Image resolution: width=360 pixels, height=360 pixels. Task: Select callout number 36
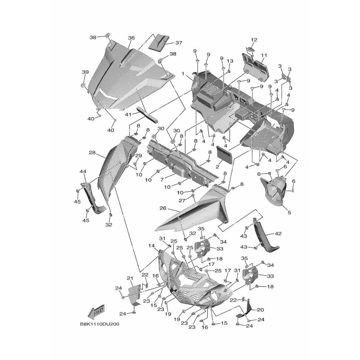pos(131,38)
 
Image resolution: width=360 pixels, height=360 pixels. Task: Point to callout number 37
pos(179,43)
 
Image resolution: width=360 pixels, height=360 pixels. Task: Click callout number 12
pos(254,40)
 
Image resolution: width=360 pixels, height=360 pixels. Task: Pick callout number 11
pos(264,55)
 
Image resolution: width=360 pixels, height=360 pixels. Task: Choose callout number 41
pos(129,114)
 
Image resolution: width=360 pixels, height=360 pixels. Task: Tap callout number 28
pos(92,153)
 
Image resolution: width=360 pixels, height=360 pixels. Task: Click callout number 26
pos(163,208)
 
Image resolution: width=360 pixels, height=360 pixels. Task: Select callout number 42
pos(278,234)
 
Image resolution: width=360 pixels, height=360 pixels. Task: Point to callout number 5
pos(289,212)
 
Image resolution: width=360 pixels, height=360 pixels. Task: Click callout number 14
pos(152,246)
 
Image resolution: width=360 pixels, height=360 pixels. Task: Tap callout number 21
pos(130,278)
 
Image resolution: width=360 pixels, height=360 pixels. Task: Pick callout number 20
pos(261,310)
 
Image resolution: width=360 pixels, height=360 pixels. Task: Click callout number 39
pos(85,72)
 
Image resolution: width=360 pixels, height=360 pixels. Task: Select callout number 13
pos(230,61)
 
